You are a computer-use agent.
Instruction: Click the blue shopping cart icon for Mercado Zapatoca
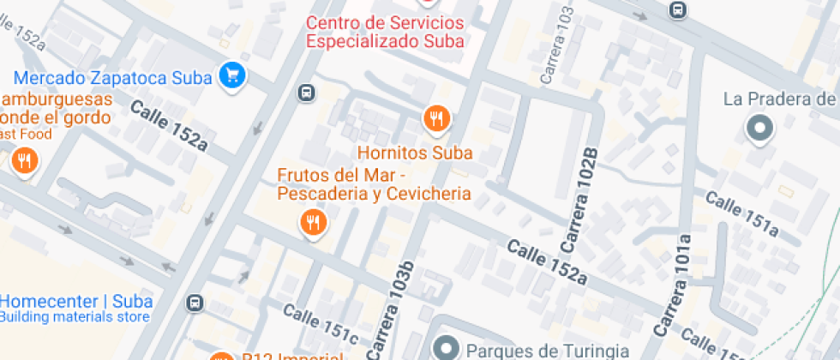[x=231, y=75]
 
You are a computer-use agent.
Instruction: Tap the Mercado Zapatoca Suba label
[x=112, y=78]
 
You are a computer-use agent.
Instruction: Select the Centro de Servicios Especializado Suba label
[x=385, y=31]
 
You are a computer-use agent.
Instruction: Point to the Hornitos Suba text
[x=415, y=154]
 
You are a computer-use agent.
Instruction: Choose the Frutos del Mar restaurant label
[x=374, y=183]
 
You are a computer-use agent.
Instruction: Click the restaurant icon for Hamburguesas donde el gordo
[x=25, y=161]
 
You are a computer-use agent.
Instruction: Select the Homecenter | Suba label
[x=77, y=301]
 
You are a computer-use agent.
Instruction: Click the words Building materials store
[x=75, y=317]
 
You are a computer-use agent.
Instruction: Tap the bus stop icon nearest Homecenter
[x=196, y=303]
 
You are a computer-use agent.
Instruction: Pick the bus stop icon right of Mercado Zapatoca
[x=305, y=93]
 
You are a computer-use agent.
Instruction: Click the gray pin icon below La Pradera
[x=759, y=129]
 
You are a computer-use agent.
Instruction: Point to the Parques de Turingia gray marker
[x=445, y=348]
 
